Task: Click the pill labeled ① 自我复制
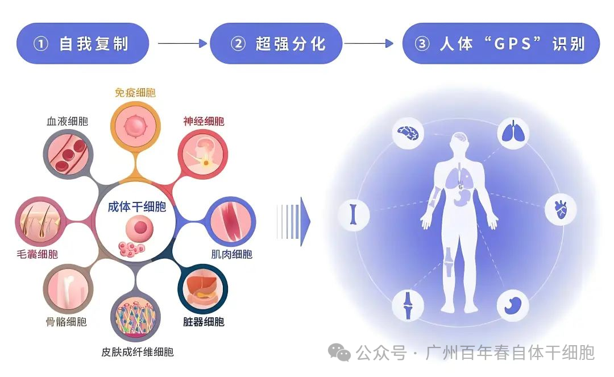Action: tap(82, 43)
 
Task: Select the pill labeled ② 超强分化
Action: tap(276, 43)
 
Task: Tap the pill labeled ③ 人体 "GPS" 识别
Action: tap(501, 43)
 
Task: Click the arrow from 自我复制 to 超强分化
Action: tap(182, 43)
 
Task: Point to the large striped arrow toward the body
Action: tap(294, 222)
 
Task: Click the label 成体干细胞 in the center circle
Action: tap(136, 207)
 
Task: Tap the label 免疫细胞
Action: tap(135, 93)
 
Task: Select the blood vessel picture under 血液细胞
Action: tap(68, 155)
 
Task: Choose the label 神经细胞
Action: tap(204, 121)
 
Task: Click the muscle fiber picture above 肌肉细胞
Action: tap(231, 221)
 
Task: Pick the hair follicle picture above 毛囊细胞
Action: tap(40, 222)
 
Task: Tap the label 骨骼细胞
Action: tap(66, 322)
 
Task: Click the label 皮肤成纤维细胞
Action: tap(138, 352)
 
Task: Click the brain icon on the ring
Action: tap(408, 133)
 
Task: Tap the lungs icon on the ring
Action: tap(513, 133)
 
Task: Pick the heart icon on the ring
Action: tap(561, 209)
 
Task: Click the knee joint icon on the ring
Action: tap(408, 305)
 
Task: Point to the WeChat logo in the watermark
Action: tap(339, 353)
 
